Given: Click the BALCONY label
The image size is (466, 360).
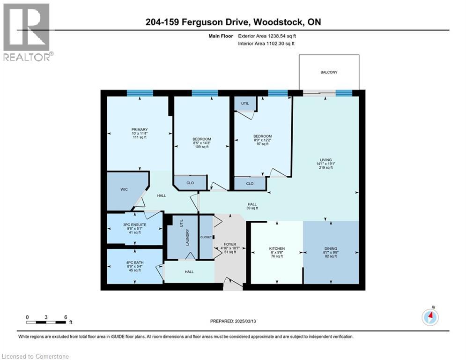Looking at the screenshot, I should [x=329, y=72].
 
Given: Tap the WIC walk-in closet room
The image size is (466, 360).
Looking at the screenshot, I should [x=123, y=189].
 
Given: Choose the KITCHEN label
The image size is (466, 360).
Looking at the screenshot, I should [x=277, y=248].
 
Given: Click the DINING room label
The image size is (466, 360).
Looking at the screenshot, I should [x=331, y=248].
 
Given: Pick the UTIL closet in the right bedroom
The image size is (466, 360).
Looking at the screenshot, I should [x=245, y=103].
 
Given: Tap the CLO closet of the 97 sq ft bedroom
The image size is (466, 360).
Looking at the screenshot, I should [x=250, y=183].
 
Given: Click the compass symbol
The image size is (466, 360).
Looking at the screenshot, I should [x=430, y=317].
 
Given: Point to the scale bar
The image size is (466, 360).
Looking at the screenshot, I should [x=46, y=322].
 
